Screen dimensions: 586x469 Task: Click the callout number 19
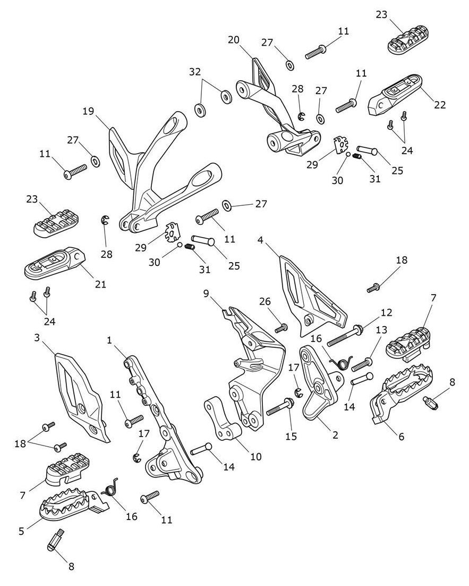coord(88,112)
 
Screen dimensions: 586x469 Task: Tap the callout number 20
coord(234,40)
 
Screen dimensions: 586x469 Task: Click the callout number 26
coord(265,302)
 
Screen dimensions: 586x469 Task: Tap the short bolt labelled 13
coord(362,365)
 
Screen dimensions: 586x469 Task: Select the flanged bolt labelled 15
coord(282,408)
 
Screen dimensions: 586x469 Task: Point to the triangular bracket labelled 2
coord(319,388)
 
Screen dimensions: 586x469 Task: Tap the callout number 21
coord(100,284)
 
